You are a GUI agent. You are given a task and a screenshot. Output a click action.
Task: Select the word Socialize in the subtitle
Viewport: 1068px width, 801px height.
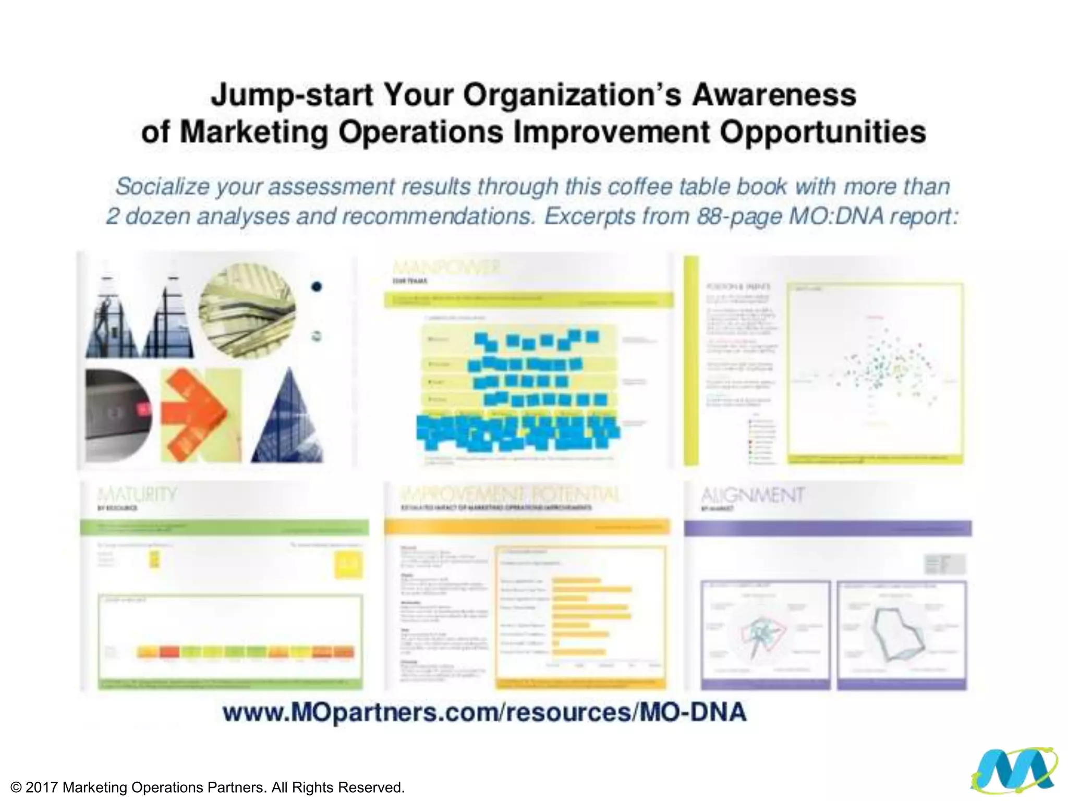click(162, 187)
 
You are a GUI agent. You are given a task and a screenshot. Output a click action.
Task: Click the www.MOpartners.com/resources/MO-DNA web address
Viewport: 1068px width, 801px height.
click(484, 712)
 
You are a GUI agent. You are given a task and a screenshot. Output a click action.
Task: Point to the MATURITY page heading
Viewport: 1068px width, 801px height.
click(137, 494)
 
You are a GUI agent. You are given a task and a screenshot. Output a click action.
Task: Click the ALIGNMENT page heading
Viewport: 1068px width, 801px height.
click(752, 495)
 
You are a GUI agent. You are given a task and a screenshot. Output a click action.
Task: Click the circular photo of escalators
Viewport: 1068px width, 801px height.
click(247, 311)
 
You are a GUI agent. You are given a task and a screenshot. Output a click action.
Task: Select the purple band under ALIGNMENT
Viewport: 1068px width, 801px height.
click(828, 528)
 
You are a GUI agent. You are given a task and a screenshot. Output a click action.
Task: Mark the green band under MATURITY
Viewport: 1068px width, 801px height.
click(224, 528)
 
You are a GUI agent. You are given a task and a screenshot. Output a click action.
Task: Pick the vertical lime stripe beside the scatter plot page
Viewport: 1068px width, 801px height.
click(691, 360)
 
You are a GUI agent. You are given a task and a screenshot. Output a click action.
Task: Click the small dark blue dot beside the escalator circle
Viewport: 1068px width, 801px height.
click(317, 286)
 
